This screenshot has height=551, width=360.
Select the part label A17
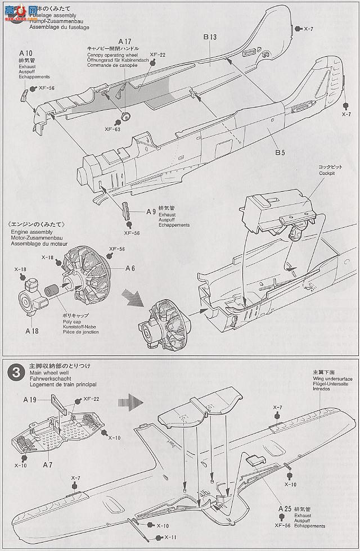point(124,41)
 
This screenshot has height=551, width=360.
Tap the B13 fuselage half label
point(210,38)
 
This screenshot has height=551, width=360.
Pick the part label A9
point(151,212)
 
